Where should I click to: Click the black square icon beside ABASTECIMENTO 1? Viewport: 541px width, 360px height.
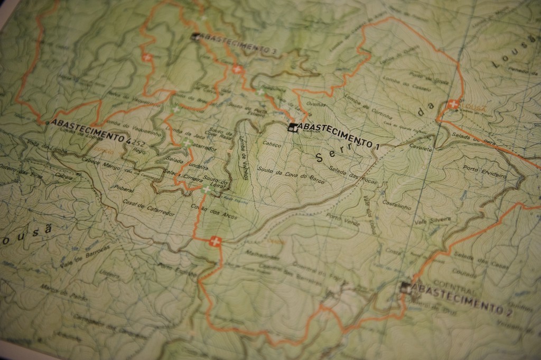(292, 127)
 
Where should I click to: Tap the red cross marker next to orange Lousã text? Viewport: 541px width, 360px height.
(452, 105)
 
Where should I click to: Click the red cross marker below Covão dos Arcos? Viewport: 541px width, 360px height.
(214, 242)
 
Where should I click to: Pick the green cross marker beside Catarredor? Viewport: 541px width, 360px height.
(186, 143)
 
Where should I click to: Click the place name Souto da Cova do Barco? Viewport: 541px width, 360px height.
(291, 174)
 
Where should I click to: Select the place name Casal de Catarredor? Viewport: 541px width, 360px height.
(141, 208)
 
